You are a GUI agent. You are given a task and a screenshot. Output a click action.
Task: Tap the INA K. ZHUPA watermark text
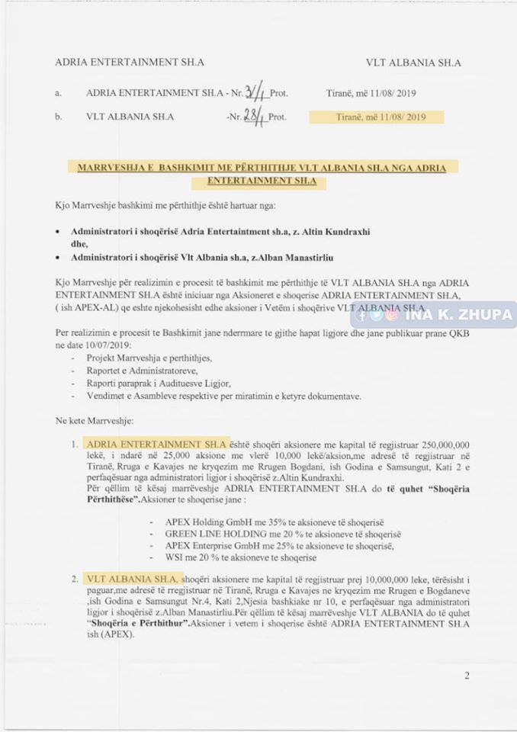[x=458, y=314]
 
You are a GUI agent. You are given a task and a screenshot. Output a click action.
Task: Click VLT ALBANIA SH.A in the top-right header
[x=413, y=63]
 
